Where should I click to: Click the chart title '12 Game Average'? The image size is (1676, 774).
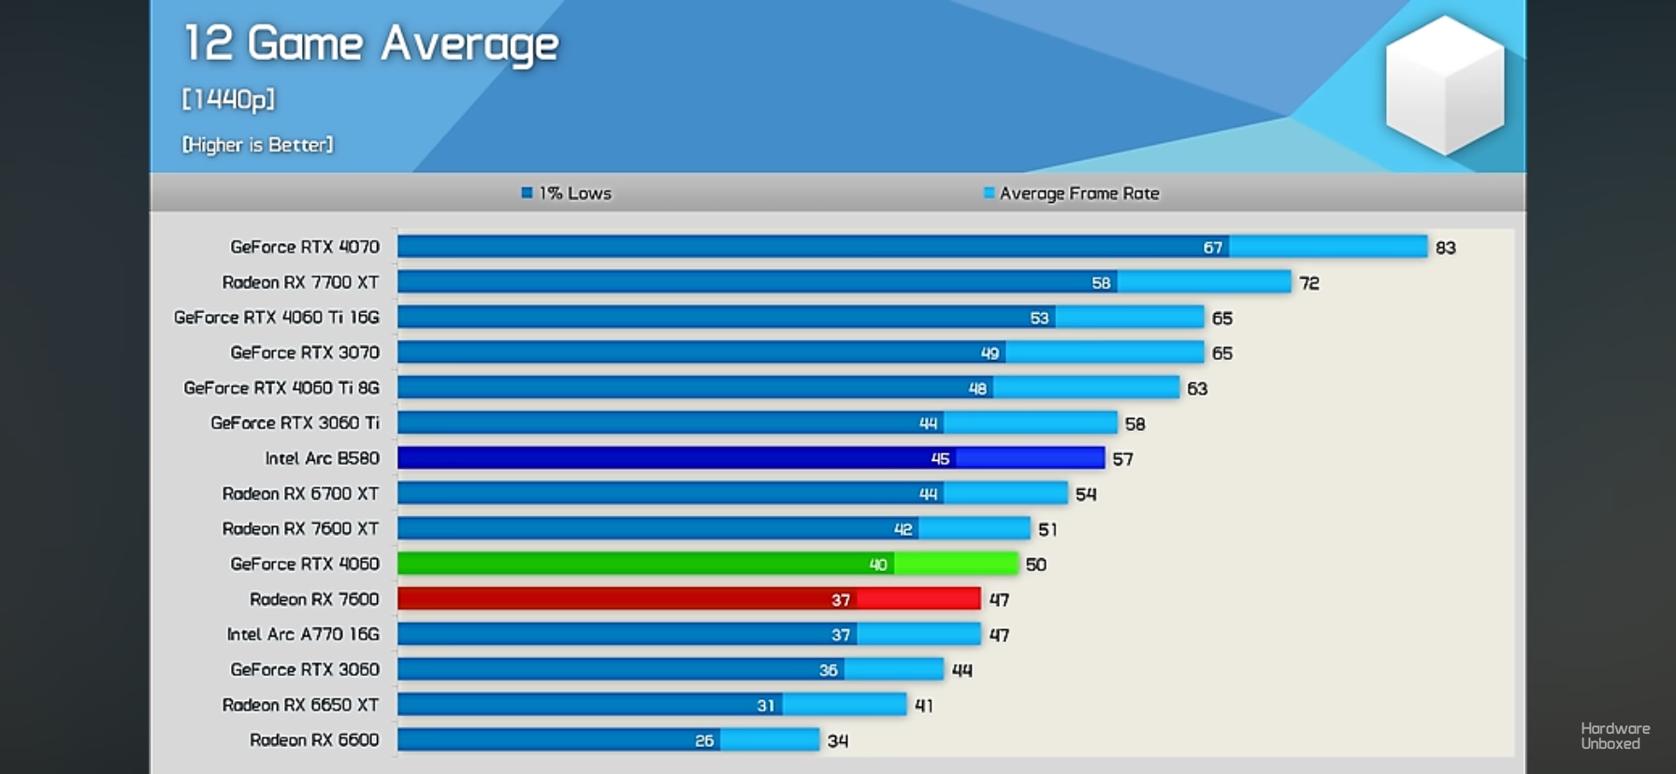click(x=370, y=44)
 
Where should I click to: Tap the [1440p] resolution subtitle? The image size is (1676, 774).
click(x=228, y=99)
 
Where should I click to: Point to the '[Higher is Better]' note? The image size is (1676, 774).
click(x=257, y=145)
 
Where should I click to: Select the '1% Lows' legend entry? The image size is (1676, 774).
click(x=567, y=193)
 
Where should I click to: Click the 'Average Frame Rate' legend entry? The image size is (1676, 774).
click(x=1072, y=193)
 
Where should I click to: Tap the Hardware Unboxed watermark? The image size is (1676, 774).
click(x=1614, y=736)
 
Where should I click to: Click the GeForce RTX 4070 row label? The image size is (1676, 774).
click(x=305, y=247)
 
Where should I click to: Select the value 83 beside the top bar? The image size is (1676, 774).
click(x=1445, y=248)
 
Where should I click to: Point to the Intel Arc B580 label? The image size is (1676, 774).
click(x=322, y=458)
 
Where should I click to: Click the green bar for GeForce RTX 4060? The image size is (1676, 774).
click(x=707, y=564)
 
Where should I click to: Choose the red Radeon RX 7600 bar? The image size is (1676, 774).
click(x=688, y=599)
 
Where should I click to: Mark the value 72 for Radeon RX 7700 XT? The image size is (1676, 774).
click(x=1308, y=283)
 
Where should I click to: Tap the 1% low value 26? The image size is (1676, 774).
click(x=704, y=740)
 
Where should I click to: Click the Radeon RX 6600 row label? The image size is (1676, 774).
click(x=314, y=739)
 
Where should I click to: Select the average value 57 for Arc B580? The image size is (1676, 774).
click(x=1122, y=459)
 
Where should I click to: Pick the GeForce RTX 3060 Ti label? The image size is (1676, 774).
click(x=295, y=423)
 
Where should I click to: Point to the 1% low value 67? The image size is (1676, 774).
click(x=1212, y=248)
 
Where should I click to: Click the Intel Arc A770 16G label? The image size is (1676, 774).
click(x=303, y=634)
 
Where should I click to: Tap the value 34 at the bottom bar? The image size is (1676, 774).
click(x=837, y=741)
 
